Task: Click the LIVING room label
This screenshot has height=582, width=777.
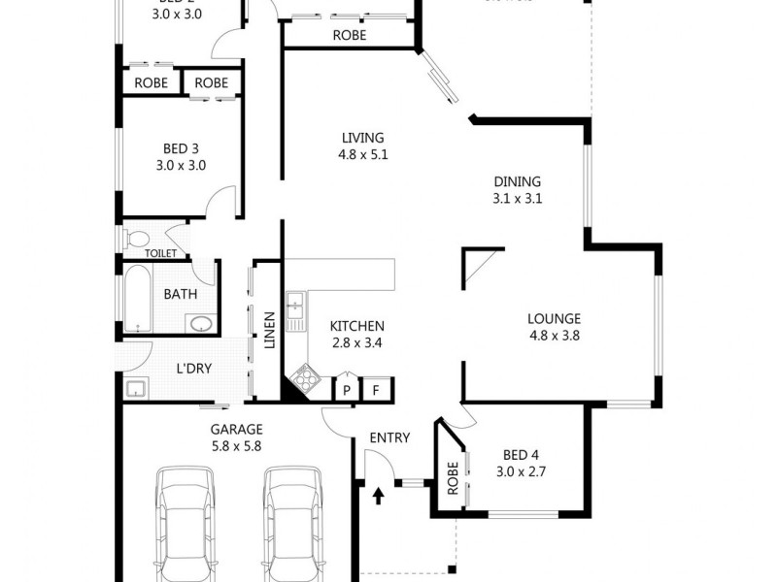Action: [x=362, y=138]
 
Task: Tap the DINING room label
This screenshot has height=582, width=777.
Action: [x=517, y=181]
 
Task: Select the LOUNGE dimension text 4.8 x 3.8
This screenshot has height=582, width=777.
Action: [x=554, y=336]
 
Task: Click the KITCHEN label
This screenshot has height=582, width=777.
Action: [x=356, y=326]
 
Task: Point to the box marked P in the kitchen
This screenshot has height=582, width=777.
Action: [x=346, y=390]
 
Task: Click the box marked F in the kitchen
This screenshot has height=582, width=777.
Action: [x=377, y=390]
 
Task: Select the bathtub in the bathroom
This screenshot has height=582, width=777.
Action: [x=136, y=298]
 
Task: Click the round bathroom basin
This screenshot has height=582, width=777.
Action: [x=200, y=324]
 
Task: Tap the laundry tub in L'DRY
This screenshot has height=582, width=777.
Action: [x=135, y=389]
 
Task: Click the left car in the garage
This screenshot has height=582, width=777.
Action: [x=186, y=524]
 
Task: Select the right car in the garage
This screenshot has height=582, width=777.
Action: [x=293, y=524]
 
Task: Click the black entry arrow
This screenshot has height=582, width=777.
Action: [x=378, y=497]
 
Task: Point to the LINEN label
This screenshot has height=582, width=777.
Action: [x=269, y=328]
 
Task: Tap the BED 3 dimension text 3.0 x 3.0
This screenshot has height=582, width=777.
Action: [x=181, y=165]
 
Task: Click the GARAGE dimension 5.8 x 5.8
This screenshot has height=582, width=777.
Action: [x=236, y=446]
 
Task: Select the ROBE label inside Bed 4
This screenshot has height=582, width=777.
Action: [x=453, y=476]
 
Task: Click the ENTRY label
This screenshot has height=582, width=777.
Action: [x=389, y=437]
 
